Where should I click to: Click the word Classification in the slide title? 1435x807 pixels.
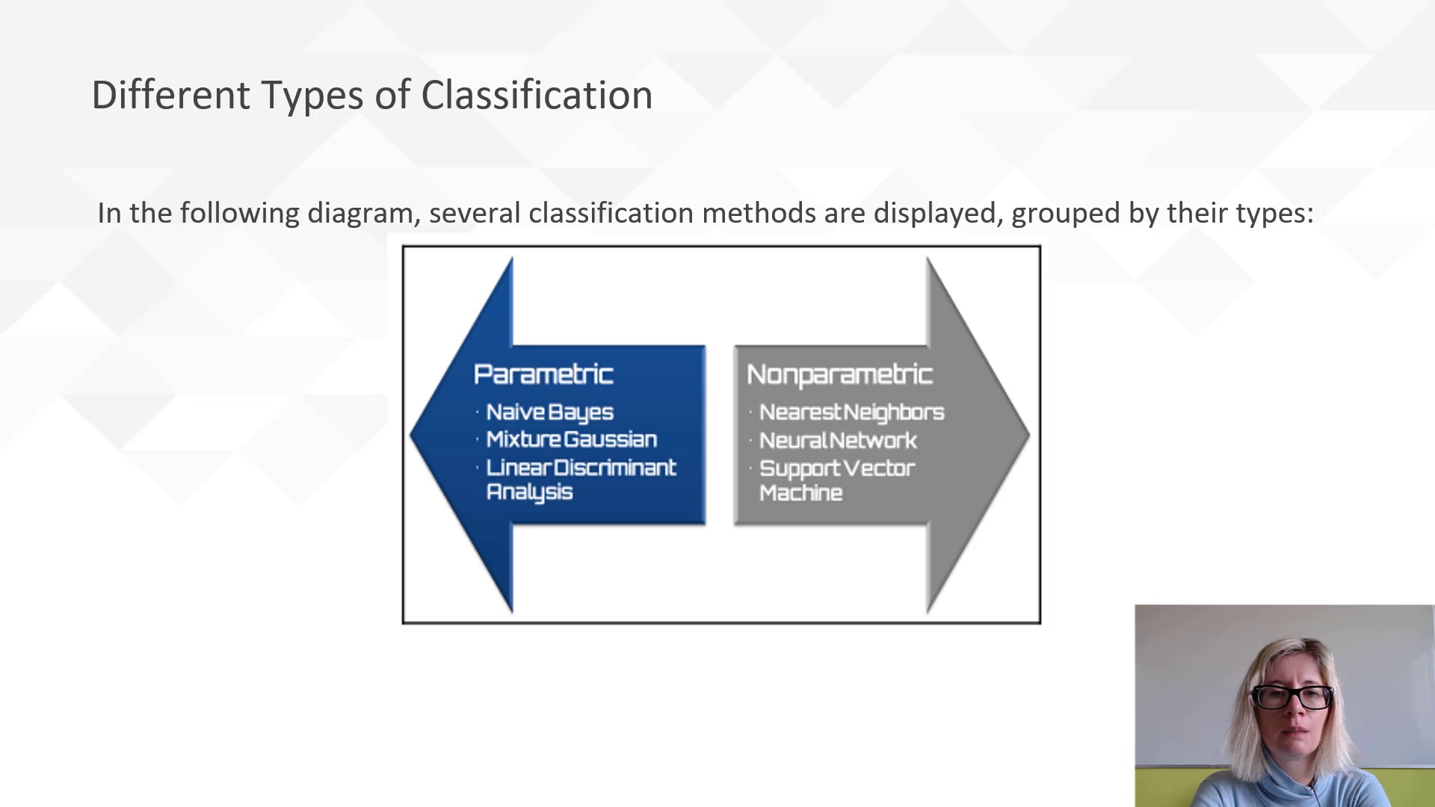coord(536,96)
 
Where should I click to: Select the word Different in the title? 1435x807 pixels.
coord(170,96)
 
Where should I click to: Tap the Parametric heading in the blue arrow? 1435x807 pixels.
coord(543,374)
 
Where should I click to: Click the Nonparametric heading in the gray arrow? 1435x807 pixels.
coord(839,374)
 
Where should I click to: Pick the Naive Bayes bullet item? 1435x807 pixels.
coord(549,412)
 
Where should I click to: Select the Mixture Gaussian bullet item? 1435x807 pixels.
coord(571,439)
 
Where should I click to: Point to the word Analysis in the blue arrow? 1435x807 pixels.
coord(529,492)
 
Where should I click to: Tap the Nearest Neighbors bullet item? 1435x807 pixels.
coord(851,412)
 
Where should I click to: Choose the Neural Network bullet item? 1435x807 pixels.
coord(838,441)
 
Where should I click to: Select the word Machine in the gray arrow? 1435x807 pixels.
coord(800,493)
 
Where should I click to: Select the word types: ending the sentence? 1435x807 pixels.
coord(1274,214)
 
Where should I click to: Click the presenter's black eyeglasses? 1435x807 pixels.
coord(1291,696)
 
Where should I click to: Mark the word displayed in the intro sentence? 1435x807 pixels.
coord(936,214)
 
